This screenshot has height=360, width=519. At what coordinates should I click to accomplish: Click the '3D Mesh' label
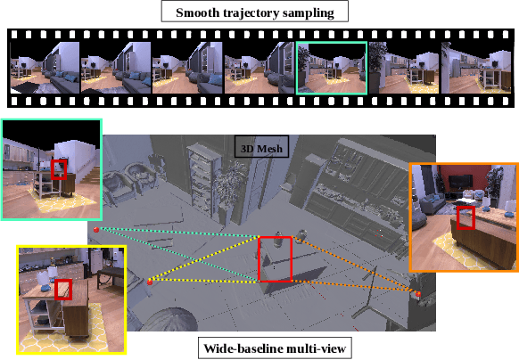click(259, 148)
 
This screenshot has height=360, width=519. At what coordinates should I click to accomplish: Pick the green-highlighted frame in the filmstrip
click(332, 67)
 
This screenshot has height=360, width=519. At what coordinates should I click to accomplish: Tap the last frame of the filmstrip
click(475, 68)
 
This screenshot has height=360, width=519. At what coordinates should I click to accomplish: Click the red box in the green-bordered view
click(59, 169)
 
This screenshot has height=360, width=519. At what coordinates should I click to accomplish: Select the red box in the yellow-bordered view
click(63, 290)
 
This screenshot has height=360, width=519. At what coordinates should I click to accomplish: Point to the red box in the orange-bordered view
click(465, 217)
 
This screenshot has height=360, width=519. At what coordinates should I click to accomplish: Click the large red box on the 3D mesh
click(275, 259)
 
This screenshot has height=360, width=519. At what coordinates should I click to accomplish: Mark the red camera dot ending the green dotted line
click(95, 228)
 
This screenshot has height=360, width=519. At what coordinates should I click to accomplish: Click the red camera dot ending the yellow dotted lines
click(150, 282)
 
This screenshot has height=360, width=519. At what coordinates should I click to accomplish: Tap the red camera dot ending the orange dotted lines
click(417, 293)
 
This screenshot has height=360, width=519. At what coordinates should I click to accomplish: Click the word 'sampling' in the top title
click(313, 12)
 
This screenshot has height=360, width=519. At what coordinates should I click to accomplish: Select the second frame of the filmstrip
click(115, 68)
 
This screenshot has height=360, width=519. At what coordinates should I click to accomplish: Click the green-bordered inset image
click(52, 168)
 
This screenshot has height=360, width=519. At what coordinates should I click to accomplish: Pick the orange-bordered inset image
click(463, 217)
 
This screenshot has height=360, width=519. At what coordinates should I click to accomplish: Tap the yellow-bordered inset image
click(71, 299)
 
